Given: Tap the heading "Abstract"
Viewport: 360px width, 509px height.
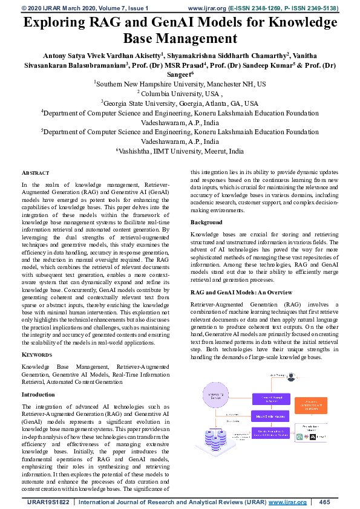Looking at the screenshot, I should [36, 172].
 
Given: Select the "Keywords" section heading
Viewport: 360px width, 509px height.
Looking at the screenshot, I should [37, 355].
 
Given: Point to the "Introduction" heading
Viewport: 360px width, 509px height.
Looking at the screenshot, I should [38, 395].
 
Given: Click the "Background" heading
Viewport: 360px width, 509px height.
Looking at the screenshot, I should [206, 223].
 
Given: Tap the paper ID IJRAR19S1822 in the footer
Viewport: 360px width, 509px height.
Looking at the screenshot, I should [48, 502].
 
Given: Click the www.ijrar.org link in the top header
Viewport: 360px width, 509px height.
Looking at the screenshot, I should [208, 8].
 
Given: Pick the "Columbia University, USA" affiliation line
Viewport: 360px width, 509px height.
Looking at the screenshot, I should [180, 94].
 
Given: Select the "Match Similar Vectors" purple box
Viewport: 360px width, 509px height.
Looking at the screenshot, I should [270, 416].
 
